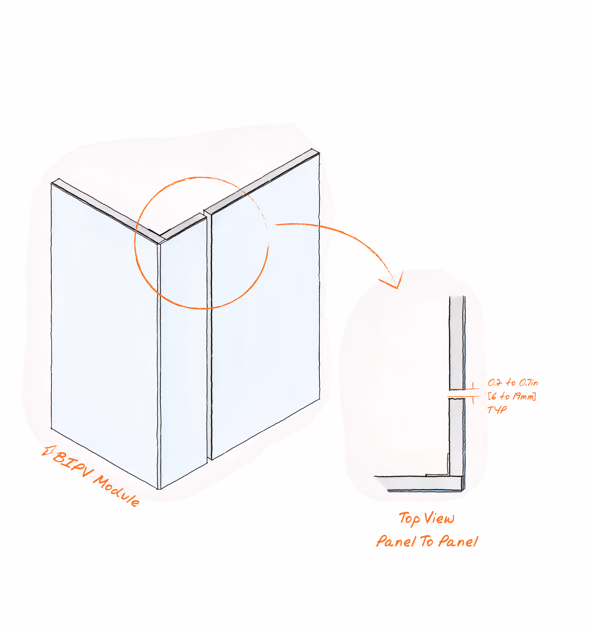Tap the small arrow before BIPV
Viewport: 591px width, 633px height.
pos(48,451)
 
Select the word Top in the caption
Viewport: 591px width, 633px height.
pos(409,519)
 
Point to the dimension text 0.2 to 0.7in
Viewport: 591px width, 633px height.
pos(513,382)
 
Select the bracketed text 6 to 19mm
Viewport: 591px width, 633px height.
pos(512,396)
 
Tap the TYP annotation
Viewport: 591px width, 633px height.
pos(497,409)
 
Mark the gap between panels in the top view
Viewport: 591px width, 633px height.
pos(457,394)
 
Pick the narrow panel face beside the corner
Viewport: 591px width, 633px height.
pos(183,346)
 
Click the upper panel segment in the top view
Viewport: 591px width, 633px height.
pos(457,343)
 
